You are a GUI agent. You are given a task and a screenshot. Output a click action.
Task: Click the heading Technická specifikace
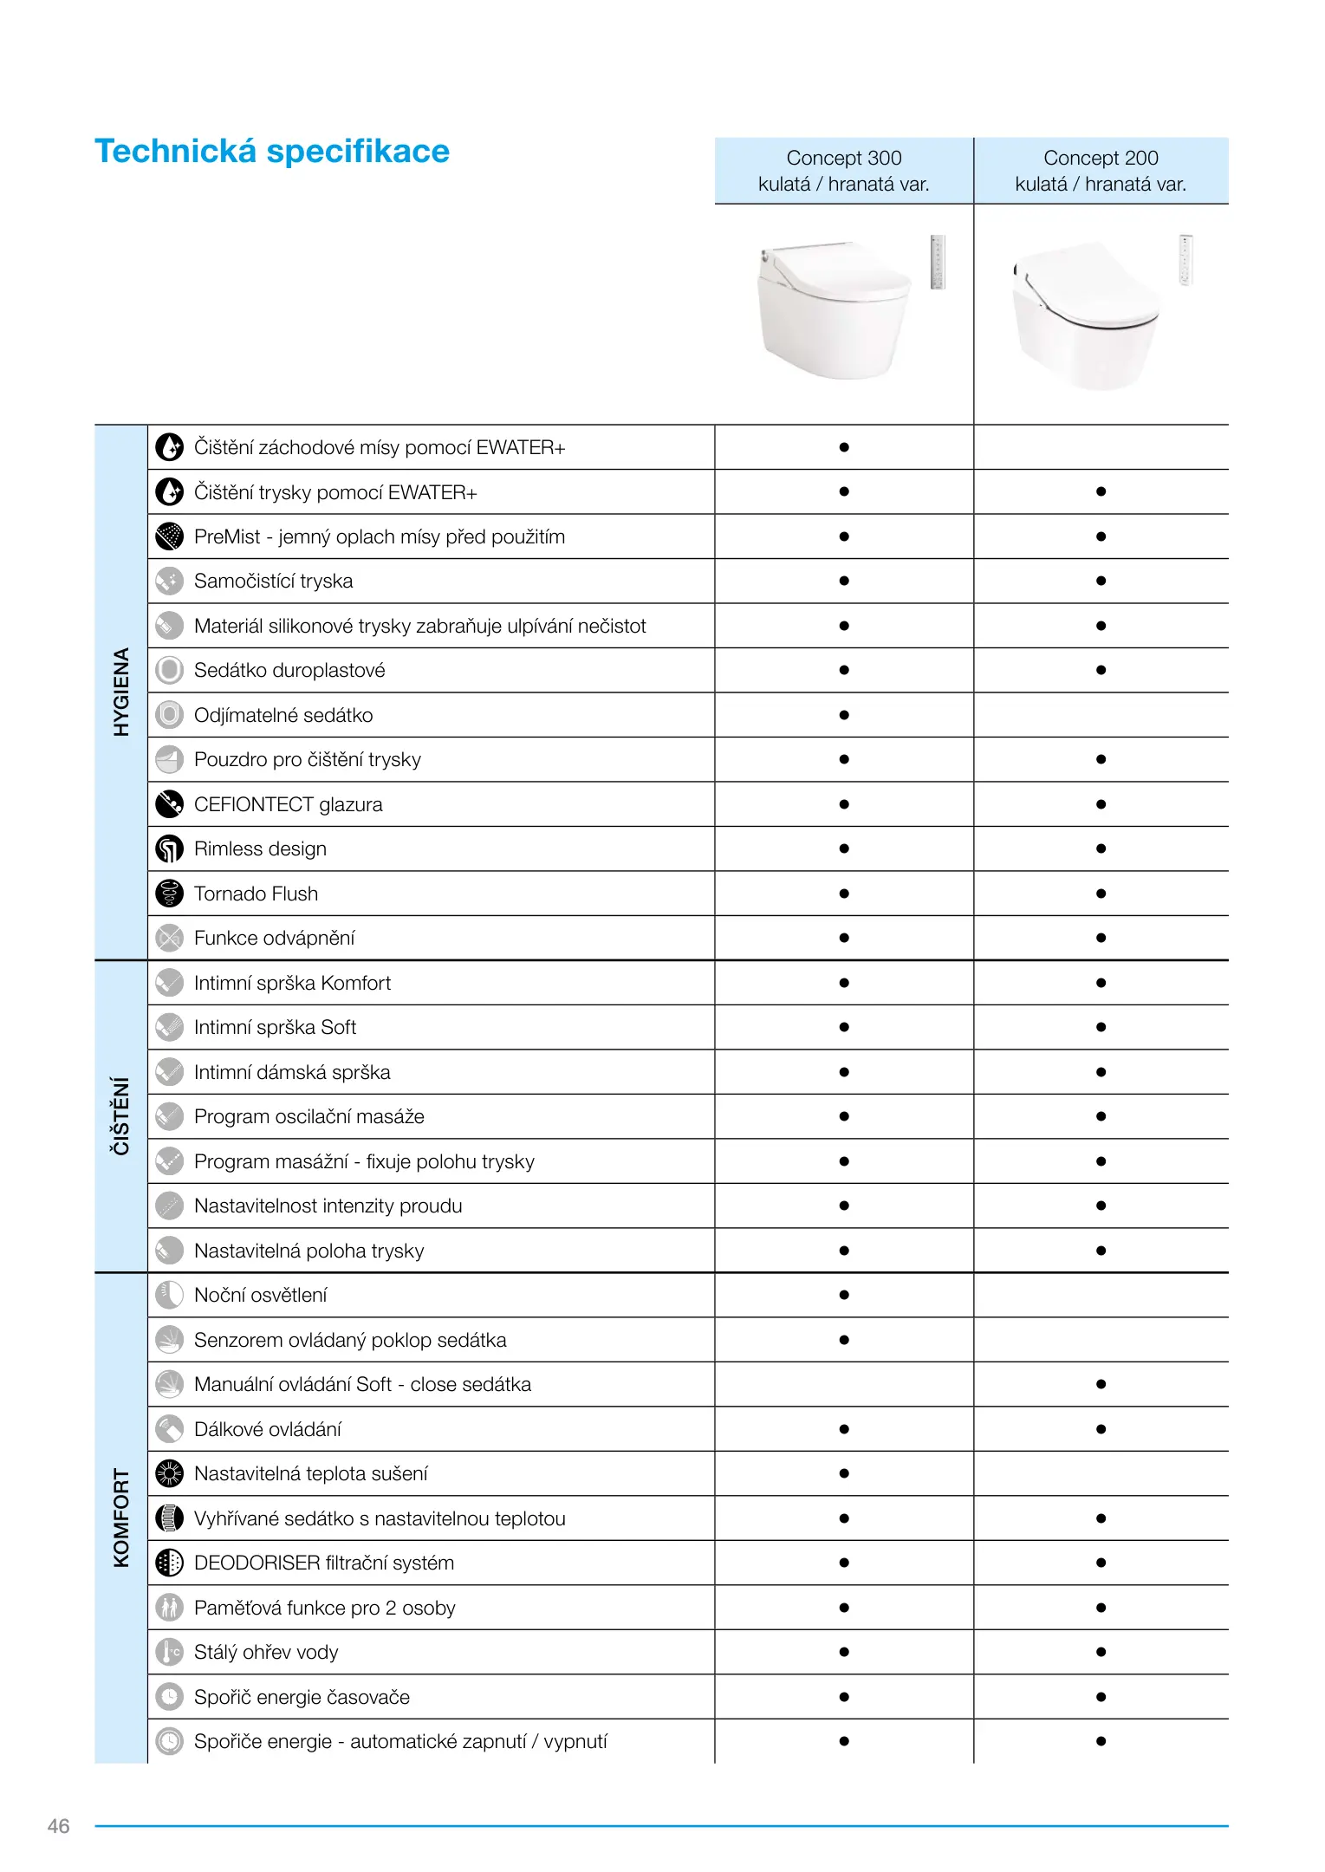tap(271, 152)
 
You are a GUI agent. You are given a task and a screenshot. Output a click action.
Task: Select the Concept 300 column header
tap(843, 171)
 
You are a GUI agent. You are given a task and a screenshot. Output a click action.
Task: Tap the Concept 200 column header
tap(1101, 171)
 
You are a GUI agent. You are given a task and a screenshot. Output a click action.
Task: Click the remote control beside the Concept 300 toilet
tap(937, 261)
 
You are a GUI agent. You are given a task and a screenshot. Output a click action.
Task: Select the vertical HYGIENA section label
tap(121, 692)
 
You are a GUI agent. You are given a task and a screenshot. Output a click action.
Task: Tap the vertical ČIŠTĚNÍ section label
tap(121, 1115)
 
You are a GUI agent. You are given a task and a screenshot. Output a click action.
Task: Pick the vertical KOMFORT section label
tap(121, 1517)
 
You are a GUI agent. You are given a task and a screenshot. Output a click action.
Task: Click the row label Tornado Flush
tap(256, 894)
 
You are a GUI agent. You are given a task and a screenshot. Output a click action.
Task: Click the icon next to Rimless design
tap(169, 849)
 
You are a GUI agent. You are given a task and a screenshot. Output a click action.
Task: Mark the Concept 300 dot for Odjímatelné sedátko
tap(844, 715)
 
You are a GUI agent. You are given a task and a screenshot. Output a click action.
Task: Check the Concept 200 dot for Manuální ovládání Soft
tap(1101, 1384)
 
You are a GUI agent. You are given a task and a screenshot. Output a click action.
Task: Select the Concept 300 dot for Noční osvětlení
tap(844, 1295)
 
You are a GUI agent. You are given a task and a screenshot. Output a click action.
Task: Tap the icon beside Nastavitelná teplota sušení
tap(169, 1473)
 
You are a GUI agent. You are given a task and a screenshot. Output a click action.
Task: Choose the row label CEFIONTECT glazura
tap(288, 804)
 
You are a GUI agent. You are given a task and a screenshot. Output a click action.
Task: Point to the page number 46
tap(58, 1826)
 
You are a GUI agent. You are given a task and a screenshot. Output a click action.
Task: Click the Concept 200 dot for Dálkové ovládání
tap(1101, 1429)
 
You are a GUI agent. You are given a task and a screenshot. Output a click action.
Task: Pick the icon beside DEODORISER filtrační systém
tap(169, 1563)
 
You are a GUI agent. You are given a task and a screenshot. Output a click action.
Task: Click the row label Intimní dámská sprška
tap(292, 1072)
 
